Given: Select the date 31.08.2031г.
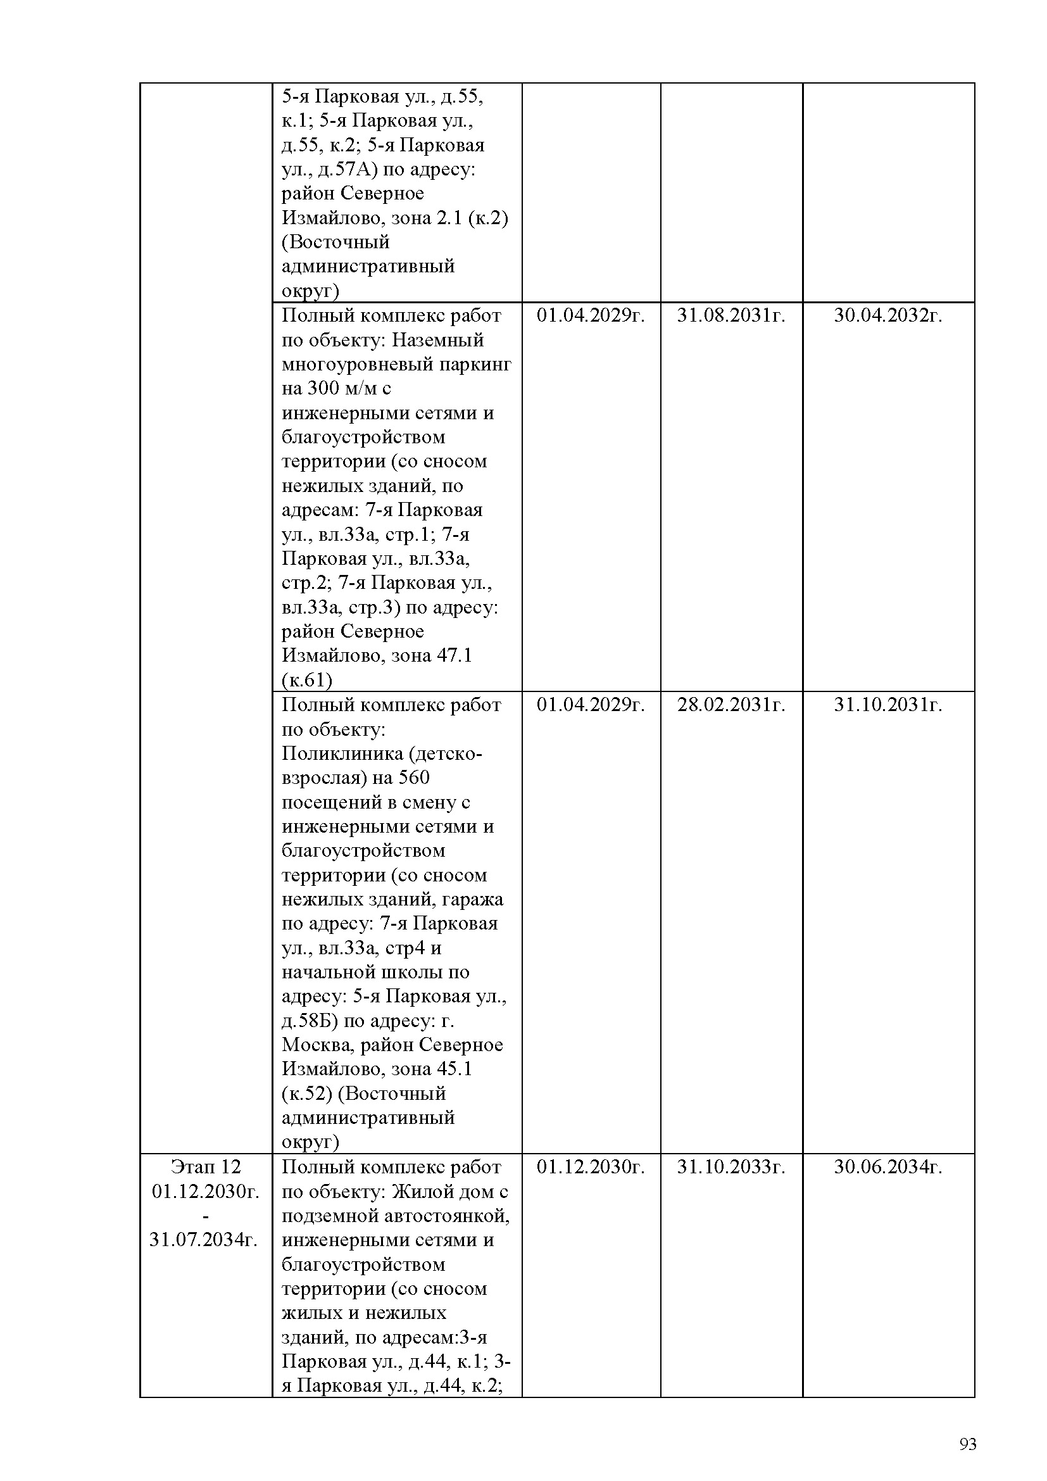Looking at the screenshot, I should pyautogui.click(x=730, y=315).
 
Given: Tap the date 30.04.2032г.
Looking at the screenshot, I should pyautogui.click(x=887, y=315).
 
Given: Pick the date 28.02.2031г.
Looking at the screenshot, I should pyautogui.click(x=730, y=704).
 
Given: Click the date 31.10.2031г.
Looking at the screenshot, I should pyautogui.click(x=887, y=704).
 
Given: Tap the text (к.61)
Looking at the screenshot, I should pyautogui.click(x=307, y=680).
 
